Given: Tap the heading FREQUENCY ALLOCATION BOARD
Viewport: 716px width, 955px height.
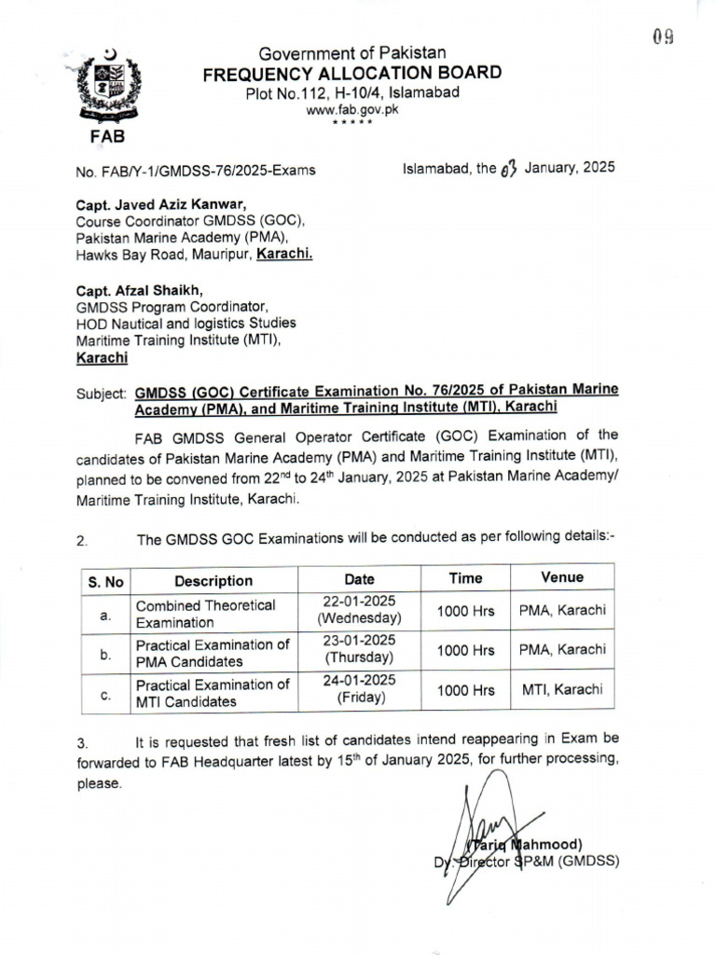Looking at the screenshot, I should click(352, 74).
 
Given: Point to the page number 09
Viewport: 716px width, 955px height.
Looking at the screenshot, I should click(663, 36).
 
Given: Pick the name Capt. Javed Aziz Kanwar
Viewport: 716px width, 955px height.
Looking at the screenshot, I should click(161, 205).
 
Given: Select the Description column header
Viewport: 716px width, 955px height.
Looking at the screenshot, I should click(213, 580).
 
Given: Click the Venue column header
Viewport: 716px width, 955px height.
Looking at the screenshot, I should click(561, 577).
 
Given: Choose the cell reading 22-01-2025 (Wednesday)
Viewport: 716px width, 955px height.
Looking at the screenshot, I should click(359, 611).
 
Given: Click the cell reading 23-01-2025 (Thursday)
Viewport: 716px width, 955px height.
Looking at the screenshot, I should click(359, 649).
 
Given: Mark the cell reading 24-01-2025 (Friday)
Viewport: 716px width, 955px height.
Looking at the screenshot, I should click(359, 689).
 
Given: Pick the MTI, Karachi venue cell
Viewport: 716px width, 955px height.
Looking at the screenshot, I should click(561, 689).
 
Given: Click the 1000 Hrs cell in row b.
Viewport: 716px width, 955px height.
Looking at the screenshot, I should click(465, 650).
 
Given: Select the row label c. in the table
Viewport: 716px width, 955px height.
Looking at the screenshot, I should click(105, 694).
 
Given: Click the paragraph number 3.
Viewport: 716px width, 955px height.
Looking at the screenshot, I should click(82, 744).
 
